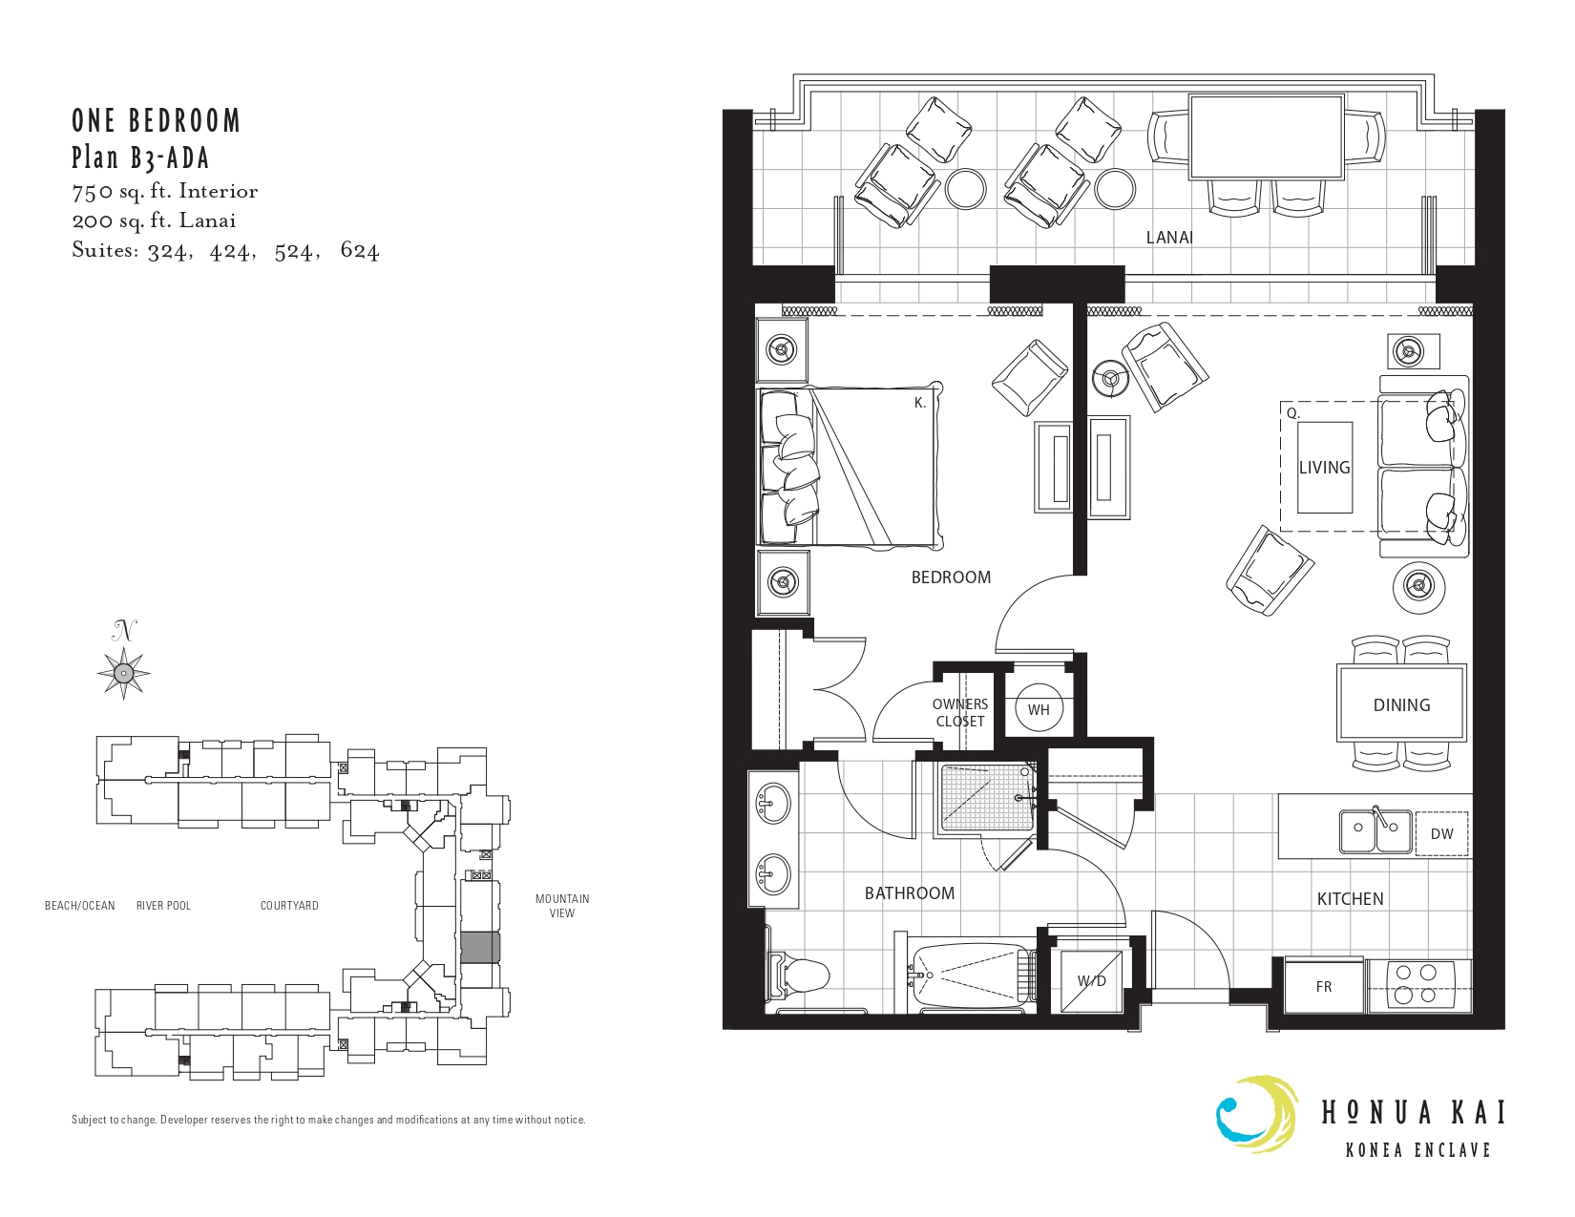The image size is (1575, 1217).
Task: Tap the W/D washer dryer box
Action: coord(1091,980)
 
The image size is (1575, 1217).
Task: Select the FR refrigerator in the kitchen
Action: coord(1324,986)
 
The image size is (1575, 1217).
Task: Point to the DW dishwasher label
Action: coord(1441,833)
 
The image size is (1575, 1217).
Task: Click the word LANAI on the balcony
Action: coord(1169,237)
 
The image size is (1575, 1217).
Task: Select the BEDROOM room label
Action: coord(951,577)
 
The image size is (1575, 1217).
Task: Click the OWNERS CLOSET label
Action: coord(960,712)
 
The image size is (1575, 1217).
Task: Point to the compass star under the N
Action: coord(124,673)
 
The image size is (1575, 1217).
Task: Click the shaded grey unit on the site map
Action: coord(480,948)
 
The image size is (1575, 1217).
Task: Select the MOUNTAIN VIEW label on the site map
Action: coord(561,905)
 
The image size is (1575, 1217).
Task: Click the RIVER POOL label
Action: coord(163,905)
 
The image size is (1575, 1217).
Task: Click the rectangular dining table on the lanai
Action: coord(1267,136)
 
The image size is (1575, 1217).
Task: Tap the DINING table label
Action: coord(1402,704)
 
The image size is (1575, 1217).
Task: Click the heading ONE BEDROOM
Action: coord(156,121)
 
